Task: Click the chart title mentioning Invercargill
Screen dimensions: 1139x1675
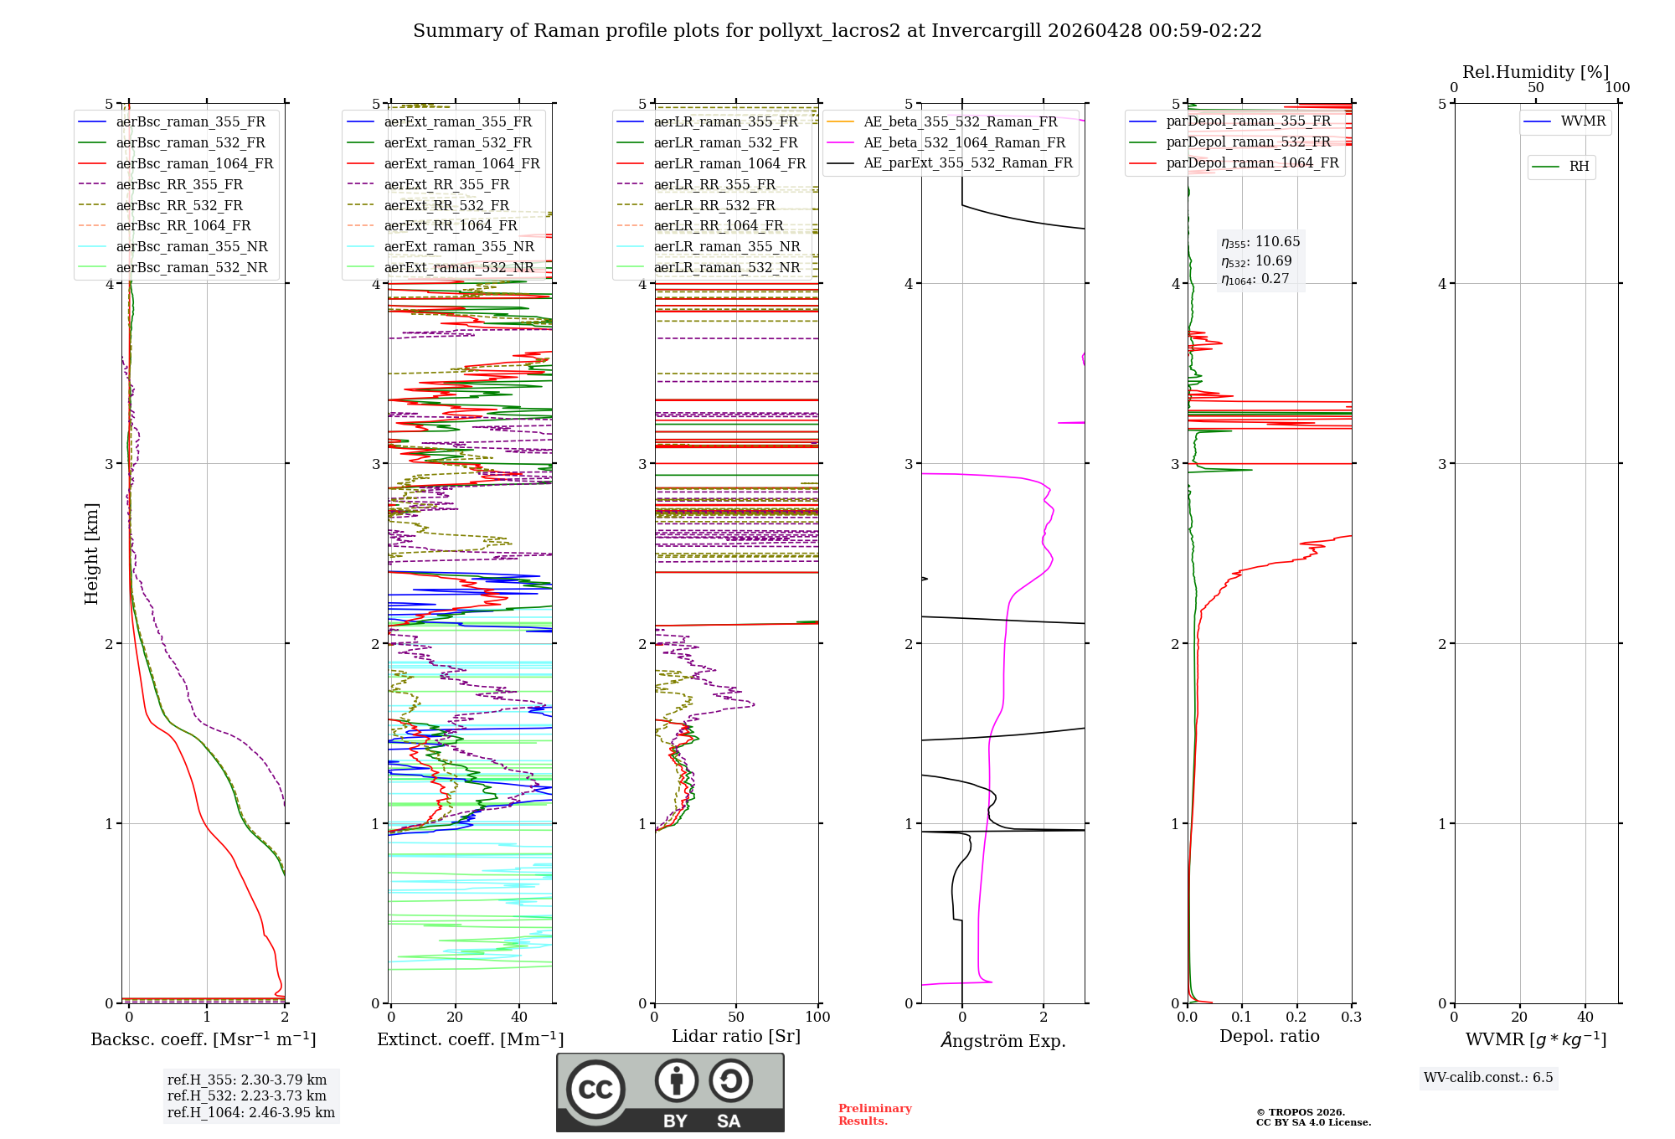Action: (837, 31)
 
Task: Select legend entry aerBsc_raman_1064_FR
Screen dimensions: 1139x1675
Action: (194, 163)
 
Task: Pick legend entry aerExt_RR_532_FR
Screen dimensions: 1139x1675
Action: (446, 205)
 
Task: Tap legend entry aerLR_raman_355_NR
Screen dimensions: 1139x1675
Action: (727, 246)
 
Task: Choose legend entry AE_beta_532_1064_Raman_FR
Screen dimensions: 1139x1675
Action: (964, 142)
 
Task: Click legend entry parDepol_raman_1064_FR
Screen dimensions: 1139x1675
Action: (1252, 162)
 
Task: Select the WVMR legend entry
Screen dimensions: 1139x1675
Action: (1583, 121)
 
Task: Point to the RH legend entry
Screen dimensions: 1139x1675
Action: (1579, 167)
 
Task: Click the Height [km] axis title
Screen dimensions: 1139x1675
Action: (91, 554)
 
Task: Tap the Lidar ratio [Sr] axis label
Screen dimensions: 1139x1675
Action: (736, 1037)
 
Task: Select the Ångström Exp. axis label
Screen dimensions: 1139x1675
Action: (1002, 1041)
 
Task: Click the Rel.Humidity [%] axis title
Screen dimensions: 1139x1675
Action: (1535, 72)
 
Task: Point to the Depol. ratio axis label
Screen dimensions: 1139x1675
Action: (1269, 1037)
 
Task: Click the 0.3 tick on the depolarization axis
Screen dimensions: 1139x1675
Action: (1351, 1018)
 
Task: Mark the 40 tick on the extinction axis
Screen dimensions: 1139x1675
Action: (519, 1018)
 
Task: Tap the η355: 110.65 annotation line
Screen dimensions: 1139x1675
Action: (1260, 242)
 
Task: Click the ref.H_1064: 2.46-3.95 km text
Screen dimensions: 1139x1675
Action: (250, 1113)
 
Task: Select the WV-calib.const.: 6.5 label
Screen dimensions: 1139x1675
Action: (1488, 1078)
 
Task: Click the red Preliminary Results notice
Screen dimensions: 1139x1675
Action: (874, 1115)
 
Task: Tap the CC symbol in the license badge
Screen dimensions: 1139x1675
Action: (595, 1090)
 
